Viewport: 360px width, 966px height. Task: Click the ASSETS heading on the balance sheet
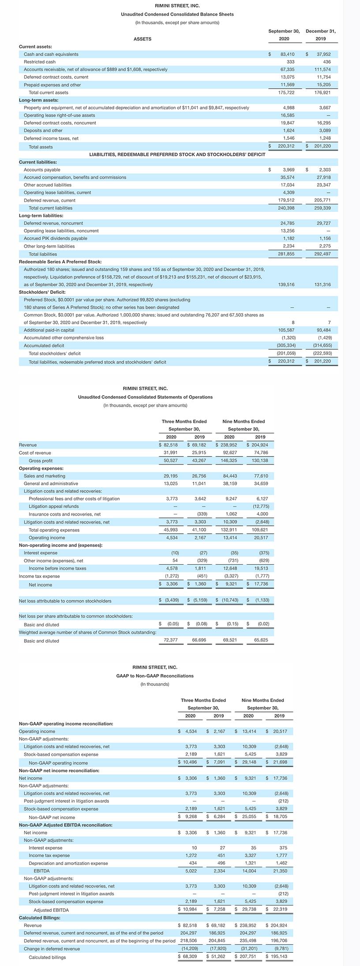tap(142, 39)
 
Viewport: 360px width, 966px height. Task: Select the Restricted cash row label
tap(40, 62)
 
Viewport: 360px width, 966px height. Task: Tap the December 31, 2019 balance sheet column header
tap(321, 35)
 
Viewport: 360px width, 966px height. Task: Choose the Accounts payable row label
tap(42, 170)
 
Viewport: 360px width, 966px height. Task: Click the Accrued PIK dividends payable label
tap(55, 239)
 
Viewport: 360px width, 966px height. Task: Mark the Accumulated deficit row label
tap(44, 345)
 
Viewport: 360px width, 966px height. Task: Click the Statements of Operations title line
tap(145, 397)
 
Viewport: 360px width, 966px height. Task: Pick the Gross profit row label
tap(41, 461)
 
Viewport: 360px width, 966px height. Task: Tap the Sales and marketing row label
tap(45, 476)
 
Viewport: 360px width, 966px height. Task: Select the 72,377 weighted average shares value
tap(171, 640)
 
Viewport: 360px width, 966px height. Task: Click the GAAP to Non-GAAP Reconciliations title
tap(155, 676)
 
